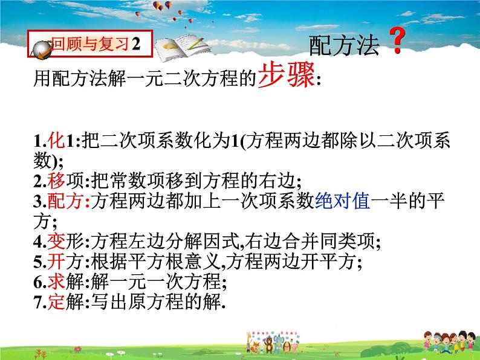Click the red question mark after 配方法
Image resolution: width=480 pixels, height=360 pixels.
(x=396, y=43)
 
